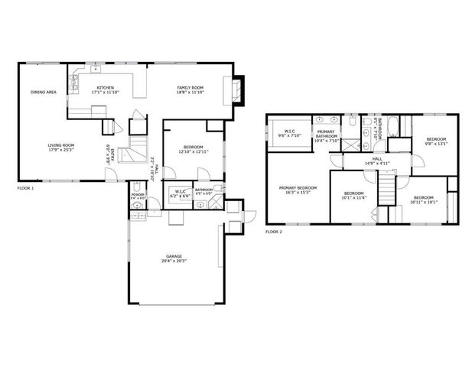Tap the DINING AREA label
(x=43, y=92)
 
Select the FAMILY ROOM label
(x=190, y=87)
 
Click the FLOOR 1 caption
(x=25, y=187)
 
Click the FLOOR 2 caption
(x=273, y=231)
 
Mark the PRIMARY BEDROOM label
(x=298, y=187)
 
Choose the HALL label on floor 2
(x=376, y=159)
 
